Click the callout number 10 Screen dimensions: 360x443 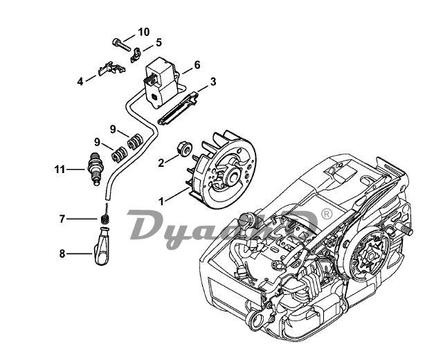[x=143, y=32]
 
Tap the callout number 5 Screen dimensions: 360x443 [x=158, y=42]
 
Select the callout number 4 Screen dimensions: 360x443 [x=80, y=81]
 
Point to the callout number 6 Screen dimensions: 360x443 [x=197, y=64]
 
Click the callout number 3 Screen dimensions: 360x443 [x=213, y=81]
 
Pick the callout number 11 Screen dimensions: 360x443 [x=60, y=168]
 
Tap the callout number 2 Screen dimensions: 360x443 [x=161, y=163]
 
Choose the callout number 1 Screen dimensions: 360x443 [x=161, y=201]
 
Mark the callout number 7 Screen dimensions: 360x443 [x=62, y=219]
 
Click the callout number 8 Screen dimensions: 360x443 [x=62, y=253]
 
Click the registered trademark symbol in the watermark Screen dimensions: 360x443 [x=325, y=215]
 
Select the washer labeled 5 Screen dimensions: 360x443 [x=138, y=50]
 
